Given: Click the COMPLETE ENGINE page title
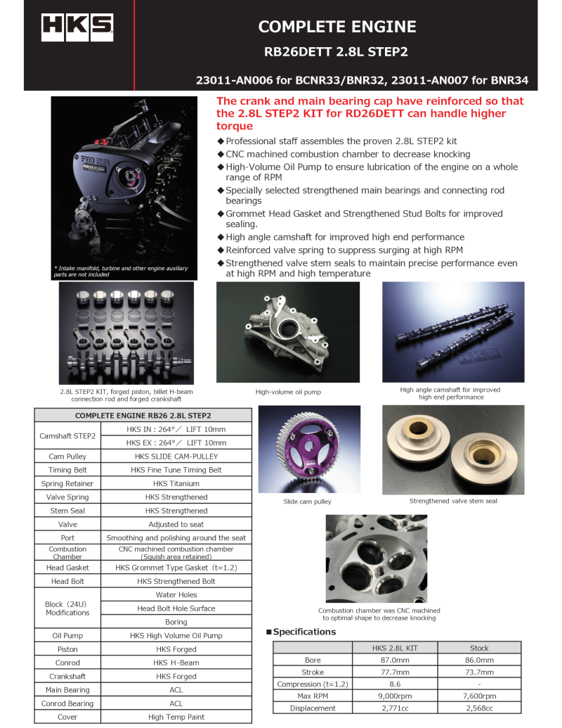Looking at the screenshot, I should click(337, 27).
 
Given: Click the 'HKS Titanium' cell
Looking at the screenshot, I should click(176, 483).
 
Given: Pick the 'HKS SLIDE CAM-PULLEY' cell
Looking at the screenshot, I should click(176, 456).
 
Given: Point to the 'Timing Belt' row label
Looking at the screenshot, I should click(69, 470).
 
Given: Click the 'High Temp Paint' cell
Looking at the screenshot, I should click(176, 717).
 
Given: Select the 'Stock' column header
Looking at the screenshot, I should click(479, 648).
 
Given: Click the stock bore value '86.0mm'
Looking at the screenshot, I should click(479, 660).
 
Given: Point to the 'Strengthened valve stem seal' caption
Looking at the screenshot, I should click(453, 501).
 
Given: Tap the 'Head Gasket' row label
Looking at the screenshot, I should click(69, 568).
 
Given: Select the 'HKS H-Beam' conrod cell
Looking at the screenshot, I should click(176, 663).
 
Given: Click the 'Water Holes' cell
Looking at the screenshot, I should click(176, 594).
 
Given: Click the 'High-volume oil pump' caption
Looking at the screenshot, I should click(288, 392).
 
